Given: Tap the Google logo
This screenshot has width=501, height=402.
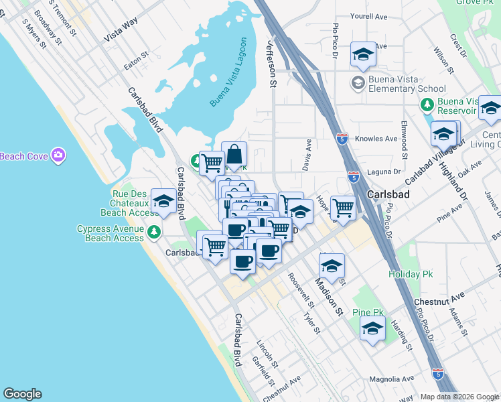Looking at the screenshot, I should point(22,394).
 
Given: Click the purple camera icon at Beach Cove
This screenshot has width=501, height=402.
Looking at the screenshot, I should point(58,155).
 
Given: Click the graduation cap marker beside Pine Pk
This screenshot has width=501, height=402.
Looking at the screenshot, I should point(373,328).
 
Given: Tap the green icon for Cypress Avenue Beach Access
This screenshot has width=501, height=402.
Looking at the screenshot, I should point(155,232).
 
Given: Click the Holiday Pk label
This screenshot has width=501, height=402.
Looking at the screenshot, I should point(411,274).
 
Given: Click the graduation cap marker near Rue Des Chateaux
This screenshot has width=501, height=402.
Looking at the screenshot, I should point(163,200).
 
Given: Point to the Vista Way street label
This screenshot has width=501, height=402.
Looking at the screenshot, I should point(121,31).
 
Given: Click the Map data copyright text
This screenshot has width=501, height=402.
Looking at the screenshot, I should point(459,397).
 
